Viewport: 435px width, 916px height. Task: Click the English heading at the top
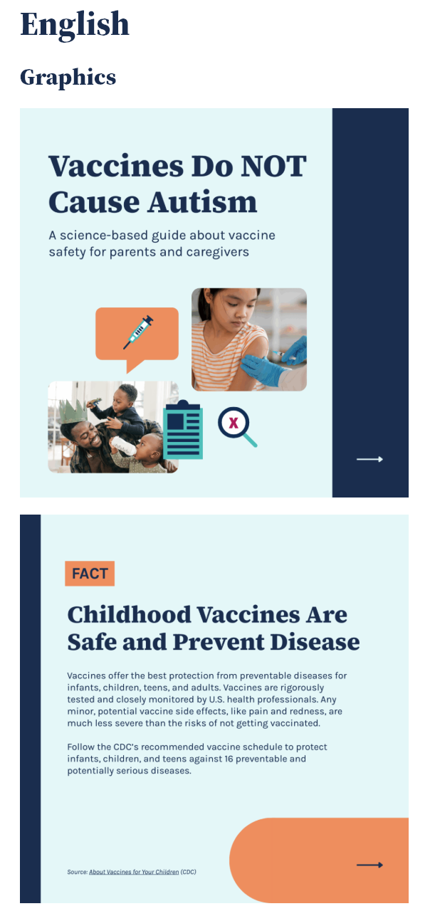pyautogui.click(x=75, y=24)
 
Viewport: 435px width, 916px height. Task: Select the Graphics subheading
pyautogui.click(x=68, y=77)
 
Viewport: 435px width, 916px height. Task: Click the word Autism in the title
pyautogui.click(x=202, y=202)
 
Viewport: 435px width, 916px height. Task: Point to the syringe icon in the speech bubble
pyautogui.click(x=138, y=332)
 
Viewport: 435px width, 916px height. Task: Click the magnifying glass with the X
pyautogui.click(x=234, y=424)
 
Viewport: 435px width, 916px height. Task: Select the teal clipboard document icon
pyautogui.click(x=183, y=430)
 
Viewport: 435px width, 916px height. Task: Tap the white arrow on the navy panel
pyautogui.click(x=370, y=459)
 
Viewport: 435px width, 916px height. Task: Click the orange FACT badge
pyautogui.click(x=90, y=574)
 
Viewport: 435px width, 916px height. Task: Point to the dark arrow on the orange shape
pyautogui.click(x=370, y=865)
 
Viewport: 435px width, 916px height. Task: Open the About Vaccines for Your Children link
pyautogui.click(x=134, y=872)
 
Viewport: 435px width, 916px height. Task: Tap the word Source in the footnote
pyautogui.click(x=76, y=872)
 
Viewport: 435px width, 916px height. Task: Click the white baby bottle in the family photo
pyautogui.click(x=122, y=448)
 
